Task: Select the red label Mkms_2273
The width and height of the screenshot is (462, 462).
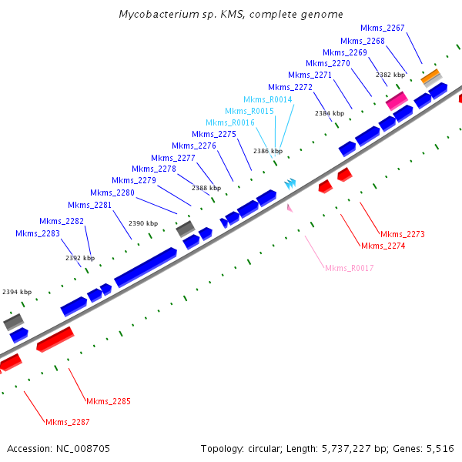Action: click(x=403, y=234)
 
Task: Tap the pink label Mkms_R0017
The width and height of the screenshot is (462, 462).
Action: click(x=349, y=268)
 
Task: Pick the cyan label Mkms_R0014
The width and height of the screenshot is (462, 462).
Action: click(x=268, y=99)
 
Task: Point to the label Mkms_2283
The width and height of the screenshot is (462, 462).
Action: click(x=38, y=233)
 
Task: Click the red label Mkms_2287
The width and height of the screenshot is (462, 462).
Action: click(x=68, y=422)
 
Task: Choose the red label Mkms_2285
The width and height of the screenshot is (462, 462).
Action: click(x=109, y=401)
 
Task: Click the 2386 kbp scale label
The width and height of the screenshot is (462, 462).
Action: click(x=268, y=152)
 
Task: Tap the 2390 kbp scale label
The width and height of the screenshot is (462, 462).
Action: click(x=143, y=223)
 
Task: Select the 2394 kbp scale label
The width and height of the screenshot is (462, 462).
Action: click(x=17, y=292)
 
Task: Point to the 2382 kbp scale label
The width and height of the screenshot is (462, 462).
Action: click(x=390, y=75)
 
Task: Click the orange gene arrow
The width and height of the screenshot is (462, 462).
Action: click(x=430, y=76)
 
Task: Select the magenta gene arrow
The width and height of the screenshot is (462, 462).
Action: click(x=397, y=100)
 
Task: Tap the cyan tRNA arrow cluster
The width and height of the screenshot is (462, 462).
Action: click(x=290, y=183)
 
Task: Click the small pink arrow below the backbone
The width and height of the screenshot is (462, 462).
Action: click(x=290, y=207)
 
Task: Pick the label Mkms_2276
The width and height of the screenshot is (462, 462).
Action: click(x=194, y=146)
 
